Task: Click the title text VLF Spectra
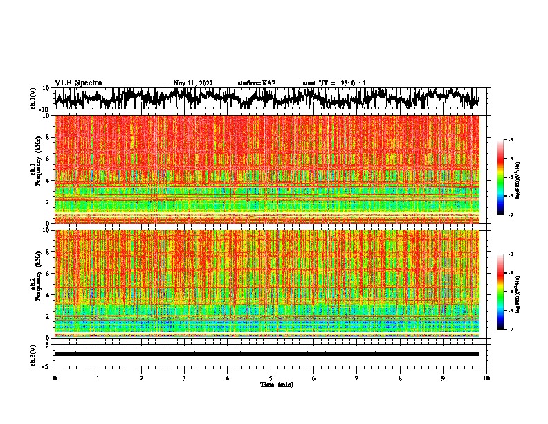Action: [x=78, y=83]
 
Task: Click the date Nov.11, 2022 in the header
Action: [x=193, y=83]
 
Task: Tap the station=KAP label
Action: [x=257, y=83]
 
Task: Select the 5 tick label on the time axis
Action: [x=271, y=378]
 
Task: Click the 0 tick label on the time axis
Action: [x=55, y=378]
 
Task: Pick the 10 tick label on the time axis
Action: [x=486, y=378]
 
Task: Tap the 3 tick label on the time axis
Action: [x=184, y=378]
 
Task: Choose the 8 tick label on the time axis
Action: [x=400, y=378]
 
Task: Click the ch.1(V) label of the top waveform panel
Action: [x=33, y=98]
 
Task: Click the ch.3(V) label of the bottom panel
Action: [x=33, y=353]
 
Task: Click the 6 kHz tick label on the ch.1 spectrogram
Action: [x=49, y=159]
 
